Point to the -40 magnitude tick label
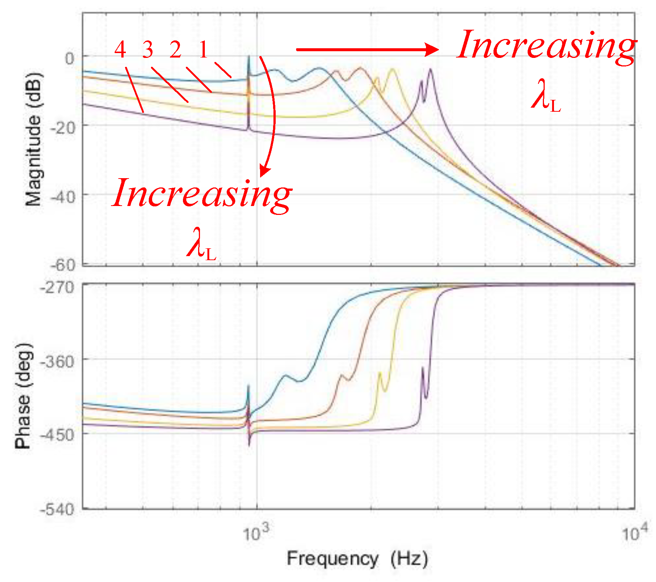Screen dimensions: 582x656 pos(62,197)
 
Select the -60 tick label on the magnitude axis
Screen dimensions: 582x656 pos(62,265)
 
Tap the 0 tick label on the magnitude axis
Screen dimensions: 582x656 pos(70,58)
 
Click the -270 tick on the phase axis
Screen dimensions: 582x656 pos(57,287)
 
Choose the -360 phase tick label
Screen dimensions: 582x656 pos(57,361)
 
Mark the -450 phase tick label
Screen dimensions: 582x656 pos(57,435)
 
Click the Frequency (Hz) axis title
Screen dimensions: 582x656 pos(357,559)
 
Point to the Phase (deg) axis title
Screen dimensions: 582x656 pos(23,396)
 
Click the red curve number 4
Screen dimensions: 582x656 pos(120,50)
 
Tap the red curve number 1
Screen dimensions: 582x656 pos(203,50)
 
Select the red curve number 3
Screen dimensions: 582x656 pos(148,50)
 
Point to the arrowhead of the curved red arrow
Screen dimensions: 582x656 pos(264,171)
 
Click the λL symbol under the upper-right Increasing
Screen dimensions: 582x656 pos(545,99)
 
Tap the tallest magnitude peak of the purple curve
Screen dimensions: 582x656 pos(430,69)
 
